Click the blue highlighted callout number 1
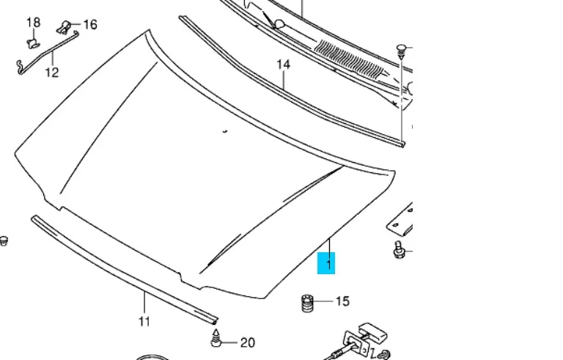pos(326,263)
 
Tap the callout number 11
pos(144,321)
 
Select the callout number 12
pos(52,72)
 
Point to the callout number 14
pos(283,65)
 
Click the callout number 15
pos(342,301)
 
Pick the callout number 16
pos(90,24)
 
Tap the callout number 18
pos(34,22)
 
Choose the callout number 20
pos(247,342)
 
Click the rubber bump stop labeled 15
pos(307,304)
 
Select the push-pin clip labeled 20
pos(216,338)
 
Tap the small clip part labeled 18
pos(33,43)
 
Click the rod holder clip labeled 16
pos(64,27)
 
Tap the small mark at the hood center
pos(225,131)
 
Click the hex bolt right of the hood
pos(398,250)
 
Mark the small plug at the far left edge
pos(3,241)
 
